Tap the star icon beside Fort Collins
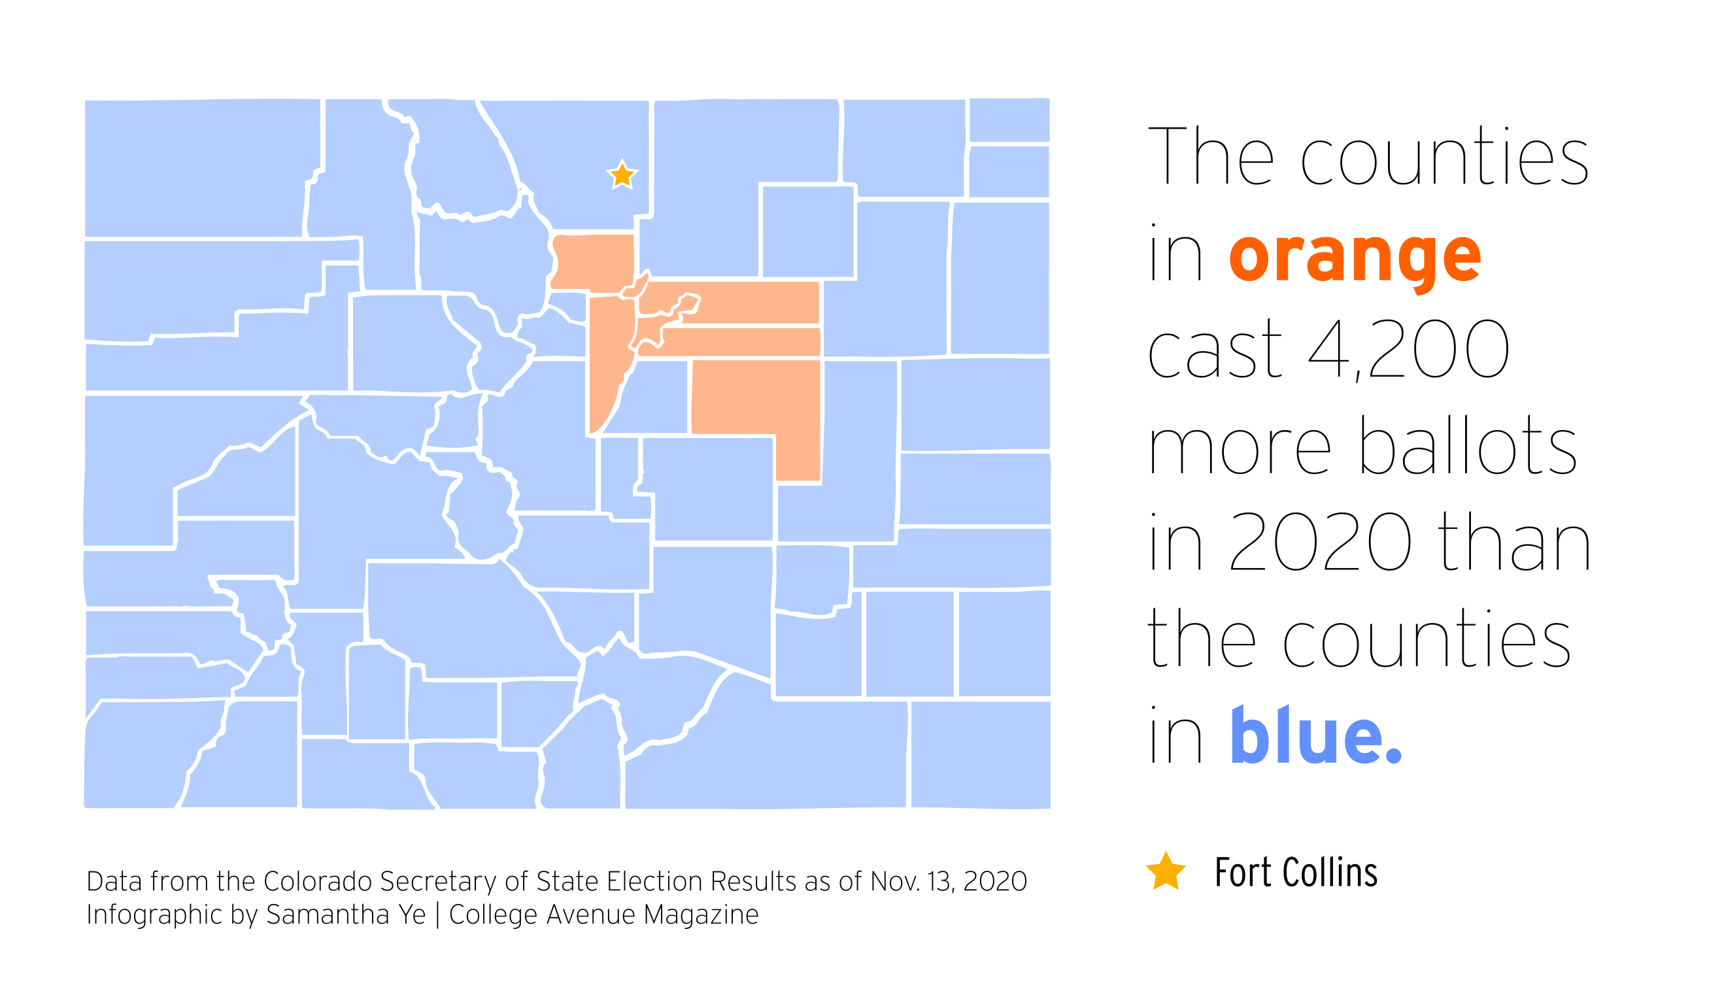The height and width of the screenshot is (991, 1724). [x=1166, y=872]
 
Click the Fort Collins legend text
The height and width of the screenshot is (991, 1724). [x=1296, y=873]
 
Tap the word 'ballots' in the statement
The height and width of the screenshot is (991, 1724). [x=1468, y=445]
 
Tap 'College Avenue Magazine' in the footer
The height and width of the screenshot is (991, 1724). [x=603, y=914]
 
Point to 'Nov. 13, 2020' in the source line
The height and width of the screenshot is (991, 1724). [x=949, y=881]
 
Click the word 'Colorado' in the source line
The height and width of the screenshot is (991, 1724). [x=318, y=881]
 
